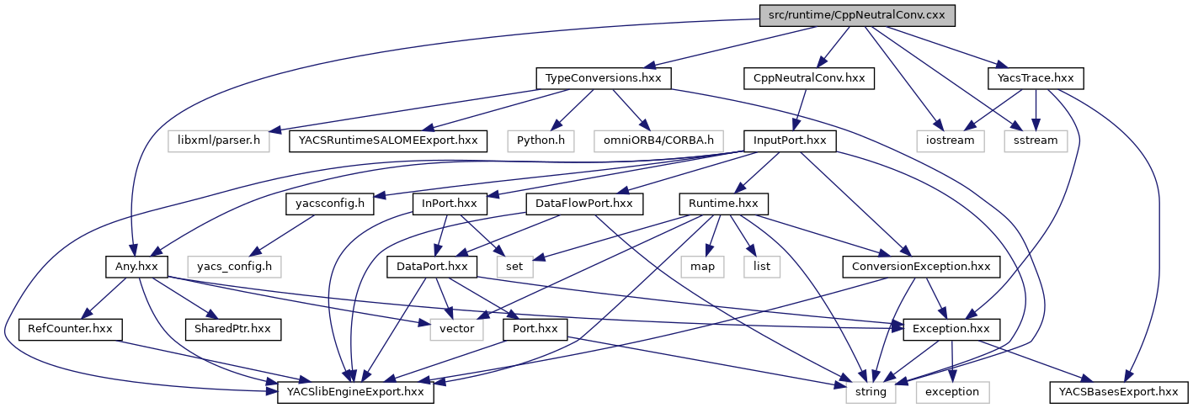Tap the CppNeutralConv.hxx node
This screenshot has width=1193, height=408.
pyautogui.click(x=808, y=78)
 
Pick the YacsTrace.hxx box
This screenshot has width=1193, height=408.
pyautogui.click(x=1035, y=78)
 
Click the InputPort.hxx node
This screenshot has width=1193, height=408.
pyautogui.click(x=788, y=140)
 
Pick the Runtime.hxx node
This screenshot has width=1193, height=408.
pyautogui.click(x=724, y=204)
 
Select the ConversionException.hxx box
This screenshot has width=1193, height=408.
pyautogui.click(x=921, y=267)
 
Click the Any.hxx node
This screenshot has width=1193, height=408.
pyautogui.click(x=136, y=267)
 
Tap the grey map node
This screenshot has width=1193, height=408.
pyautogui.click(x=703, y=267)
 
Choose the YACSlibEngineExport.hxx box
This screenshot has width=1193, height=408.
pyautogui.click(x=355, y=391)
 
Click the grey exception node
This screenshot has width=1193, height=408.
pyautogui.click(x=953, y=391)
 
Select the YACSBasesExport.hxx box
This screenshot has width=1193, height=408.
pyautogui.click(x=1118, y=391)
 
